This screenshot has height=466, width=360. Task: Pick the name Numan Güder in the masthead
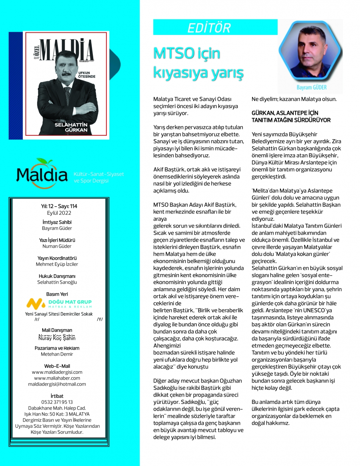(x=56, y=246)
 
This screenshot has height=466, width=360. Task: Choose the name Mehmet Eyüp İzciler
(x=56, y=264)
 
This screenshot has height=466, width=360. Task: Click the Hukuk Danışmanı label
(x=56, y=276)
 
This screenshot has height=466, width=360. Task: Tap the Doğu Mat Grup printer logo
(x=59, y=303)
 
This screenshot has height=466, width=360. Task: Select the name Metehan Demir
(x=57, y=354)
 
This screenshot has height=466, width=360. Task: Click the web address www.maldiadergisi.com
(x=57, y=372)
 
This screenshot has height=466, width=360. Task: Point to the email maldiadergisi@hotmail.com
(x=57, y=384)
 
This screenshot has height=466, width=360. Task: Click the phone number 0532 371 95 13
(x=57, y=402)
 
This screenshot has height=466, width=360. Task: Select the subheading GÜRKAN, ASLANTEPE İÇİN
(x=285, y=113)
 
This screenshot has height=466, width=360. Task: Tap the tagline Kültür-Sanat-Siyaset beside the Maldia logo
(x=99, y=174)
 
